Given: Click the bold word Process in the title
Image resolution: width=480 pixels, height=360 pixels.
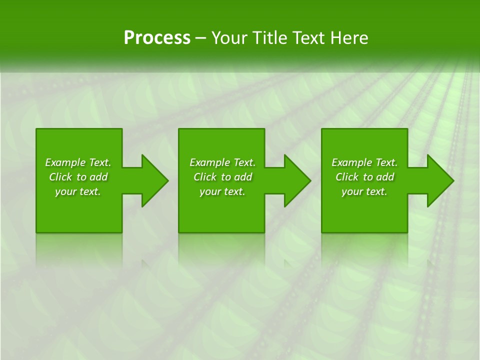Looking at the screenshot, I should coord(157,38).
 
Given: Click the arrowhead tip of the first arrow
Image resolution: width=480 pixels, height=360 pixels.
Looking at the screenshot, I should coord(167,180).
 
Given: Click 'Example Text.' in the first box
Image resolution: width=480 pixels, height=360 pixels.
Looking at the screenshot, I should coord(78,162).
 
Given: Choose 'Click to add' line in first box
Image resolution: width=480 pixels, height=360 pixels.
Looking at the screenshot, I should coord(78,177).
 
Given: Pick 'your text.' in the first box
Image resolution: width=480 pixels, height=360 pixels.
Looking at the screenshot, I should coord(78,191).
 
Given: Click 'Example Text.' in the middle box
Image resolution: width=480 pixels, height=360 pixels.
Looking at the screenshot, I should coord(222,162).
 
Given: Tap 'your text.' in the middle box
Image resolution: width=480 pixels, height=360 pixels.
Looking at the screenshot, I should coord(222,191).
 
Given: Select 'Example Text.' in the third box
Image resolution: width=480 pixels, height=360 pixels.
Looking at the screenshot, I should coord(364,162).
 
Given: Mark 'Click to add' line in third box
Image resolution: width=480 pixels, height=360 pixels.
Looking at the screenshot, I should coord(364,177).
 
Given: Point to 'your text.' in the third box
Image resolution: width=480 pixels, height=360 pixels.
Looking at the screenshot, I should coord(364,191).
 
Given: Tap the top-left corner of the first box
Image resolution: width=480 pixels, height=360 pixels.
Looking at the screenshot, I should coord(37,129).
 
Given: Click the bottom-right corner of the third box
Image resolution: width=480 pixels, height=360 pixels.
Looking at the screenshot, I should coord(406,231).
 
